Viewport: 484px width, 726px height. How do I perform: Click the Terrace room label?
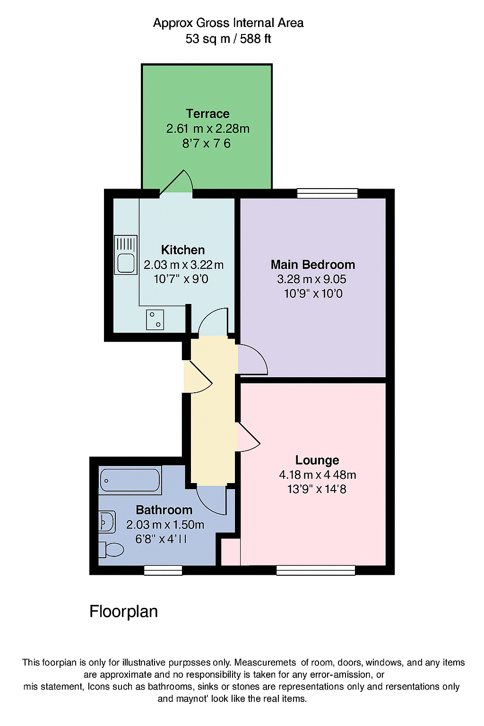point(207,114)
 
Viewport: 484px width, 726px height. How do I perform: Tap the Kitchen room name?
point(183,250)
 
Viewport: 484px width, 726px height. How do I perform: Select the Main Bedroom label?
point(312,265)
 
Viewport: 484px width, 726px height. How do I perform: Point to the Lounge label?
point(317,460)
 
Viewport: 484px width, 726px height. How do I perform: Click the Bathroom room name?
point(164,510)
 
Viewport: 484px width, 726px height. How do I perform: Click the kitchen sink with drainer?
point(126,255)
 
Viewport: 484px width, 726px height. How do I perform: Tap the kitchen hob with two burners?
point(155,319)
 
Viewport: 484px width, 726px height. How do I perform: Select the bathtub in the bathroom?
point(130,480)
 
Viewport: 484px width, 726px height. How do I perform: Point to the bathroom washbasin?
point(107,522)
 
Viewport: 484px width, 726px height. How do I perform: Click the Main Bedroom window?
point(327,193)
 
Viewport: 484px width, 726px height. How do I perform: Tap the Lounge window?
point(316,570)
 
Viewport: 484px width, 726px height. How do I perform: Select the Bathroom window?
point(163,570)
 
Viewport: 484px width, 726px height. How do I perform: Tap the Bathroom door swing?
point(212,500)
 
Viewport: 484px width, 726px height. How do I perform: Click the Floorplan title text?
point(123,612)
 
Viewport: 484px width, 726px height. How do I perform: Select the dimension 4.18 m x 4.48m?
point(317,475)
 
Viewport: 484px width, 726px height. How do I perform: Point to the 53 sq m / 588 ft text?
point(228,39)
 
